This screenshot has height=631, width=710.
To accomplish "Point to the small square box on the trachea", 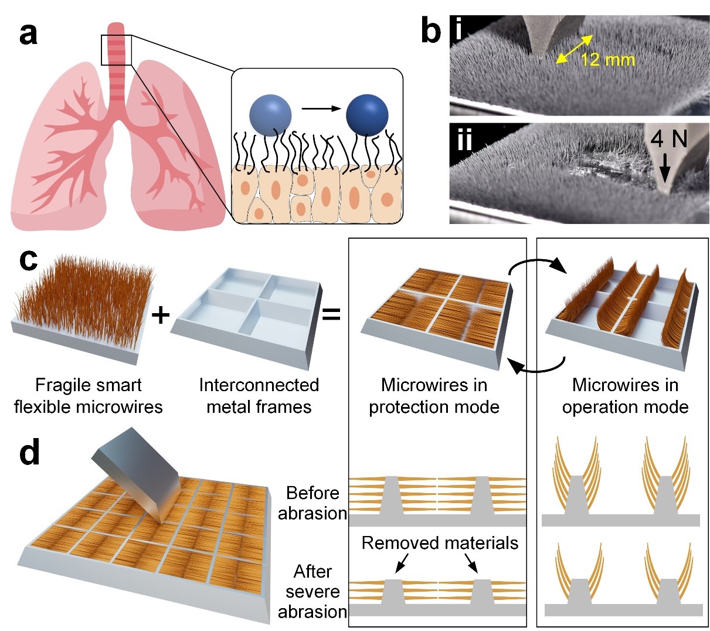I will [x=117, y=50].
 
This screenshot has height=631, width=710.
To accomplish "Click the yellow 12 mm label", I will [x=608, y=59].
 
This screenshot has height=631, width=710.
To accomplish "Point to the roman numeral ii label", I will [x=464, y=141].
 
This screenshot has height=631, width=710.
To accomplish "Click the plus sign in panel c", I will [x=160, y=315].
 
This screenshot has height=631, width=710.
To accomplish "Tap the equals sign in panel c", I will [x=331, y=315].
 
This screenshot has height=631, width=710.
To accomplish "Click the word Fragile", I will [x=57, y=385].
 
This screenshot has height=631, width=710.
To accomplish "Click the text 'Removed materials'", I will [x=440, y=542].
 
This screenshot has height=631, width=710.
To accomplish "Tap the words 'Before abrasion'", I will [x=312, y=503].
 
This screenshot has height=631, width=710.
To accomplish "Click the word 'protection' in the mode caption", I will [x=410, y=407].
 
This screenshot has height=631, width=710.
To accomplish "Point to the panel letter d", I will [x=29, y=452].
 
